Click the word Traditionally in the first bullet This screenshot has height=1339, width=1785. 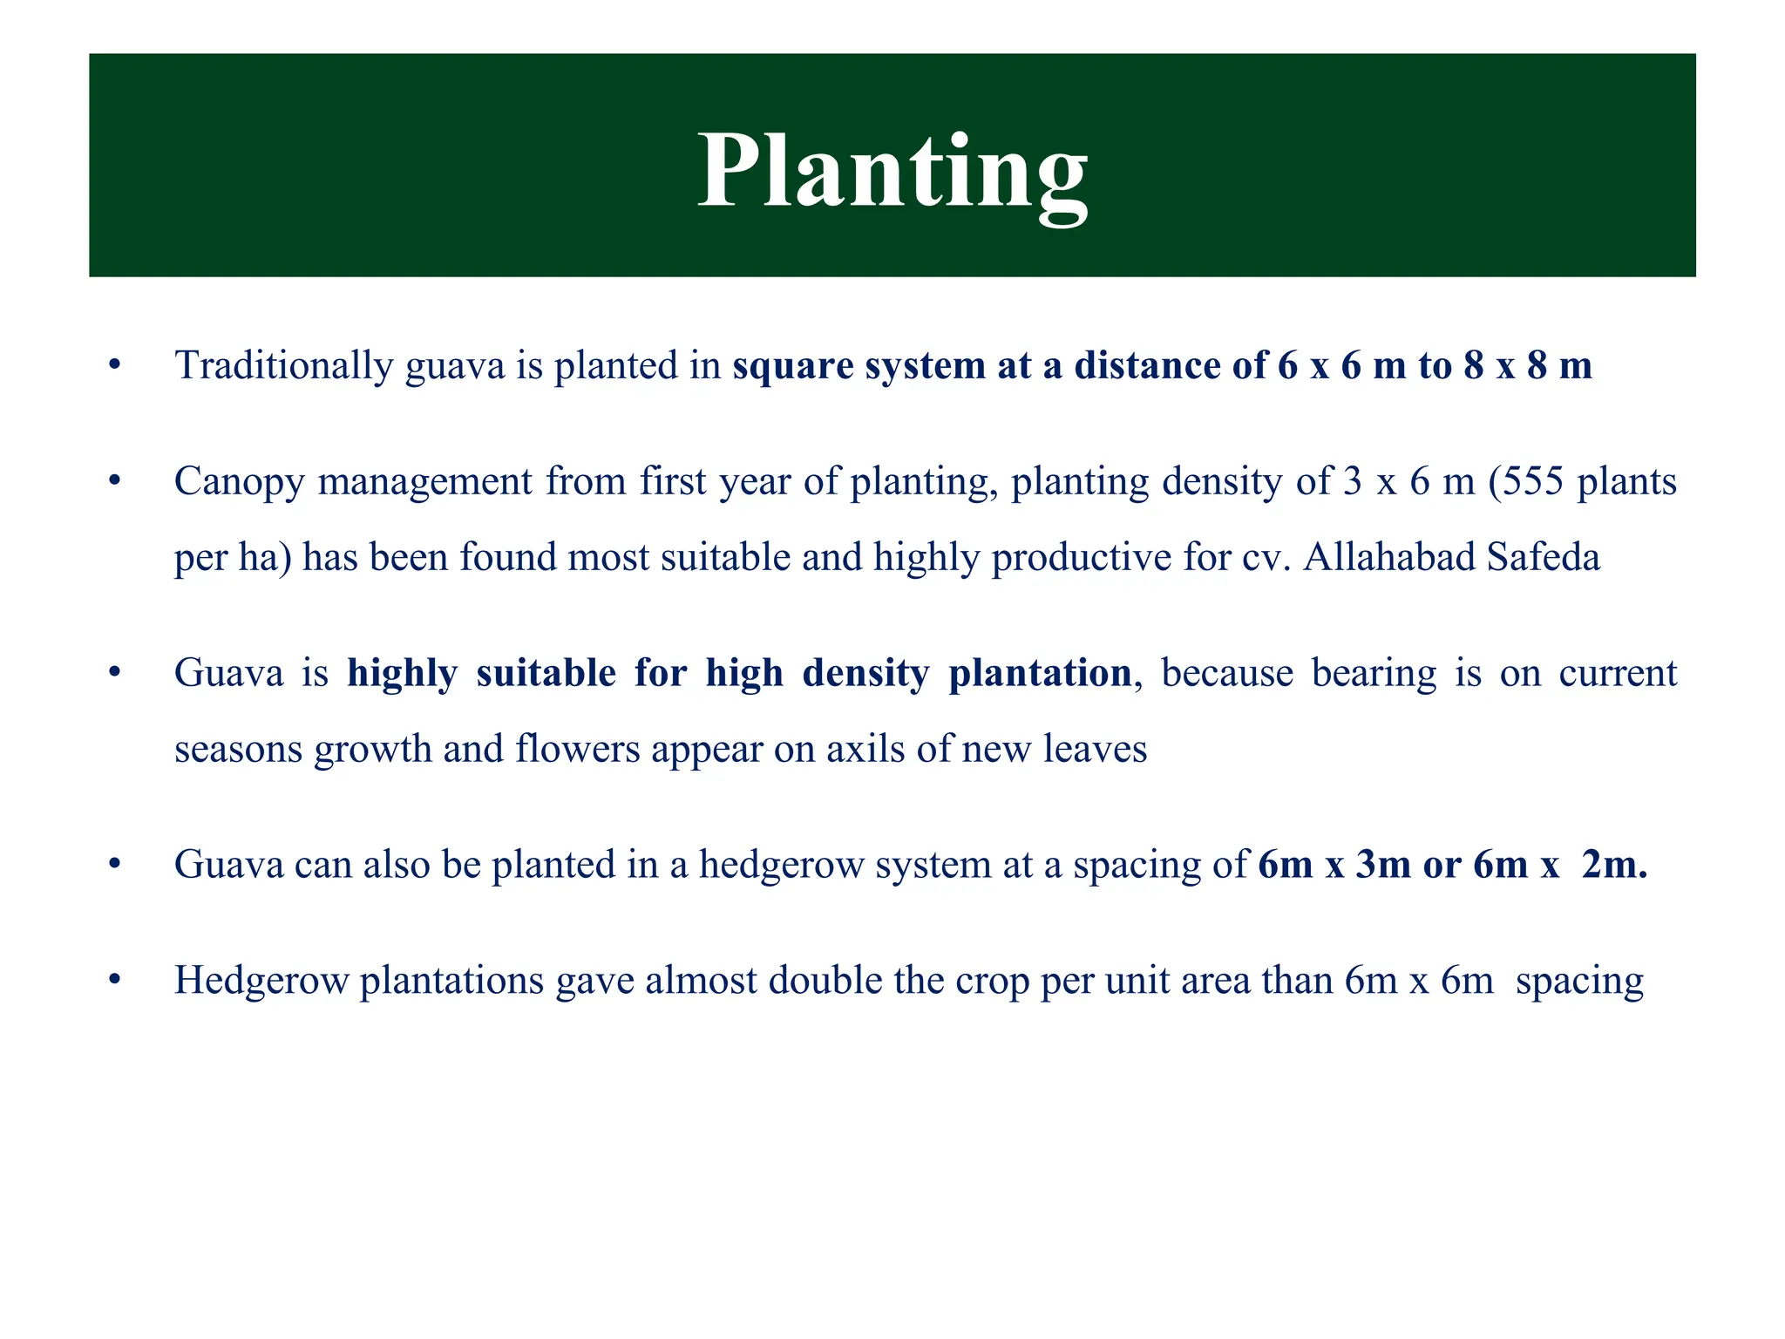(x=284, y=365)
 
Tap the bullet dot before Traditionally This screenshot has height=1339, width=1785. (x=113, y=366)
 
